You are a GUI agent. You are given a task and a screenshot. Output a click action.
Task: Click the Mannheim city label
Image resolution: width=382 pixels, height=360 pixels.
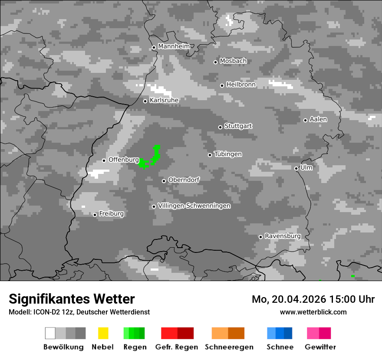174,46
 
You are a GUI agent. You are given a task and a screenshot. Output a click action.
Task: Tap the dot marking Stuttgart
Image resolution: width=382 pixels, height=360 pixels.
220,127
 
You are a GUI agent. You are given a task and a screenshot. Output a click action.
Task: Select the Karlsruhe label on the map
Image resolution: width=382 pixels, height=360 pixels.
164,100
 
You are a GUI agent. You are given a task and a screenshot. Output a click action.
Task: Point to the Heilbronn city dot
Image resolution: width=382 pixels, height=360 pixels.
222,85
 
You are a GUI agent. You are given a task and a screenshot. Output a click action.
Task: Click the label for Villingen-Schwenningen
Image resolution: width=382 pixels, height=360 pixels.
194,206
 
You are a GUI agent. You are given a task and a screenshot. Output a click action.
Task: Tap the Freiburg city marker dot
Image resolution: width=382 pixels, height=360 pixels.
95,215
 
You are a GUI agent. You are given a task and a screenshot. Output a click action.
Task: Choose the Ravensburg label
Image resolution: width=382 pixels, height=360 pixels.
283,236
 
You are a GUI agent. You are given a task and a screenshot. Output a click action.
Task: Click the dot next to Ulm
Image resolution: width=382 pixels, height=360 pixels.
296,168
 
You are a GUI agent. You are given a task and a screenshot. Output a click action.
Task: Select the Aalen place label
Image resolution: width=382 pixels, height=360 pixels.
318,119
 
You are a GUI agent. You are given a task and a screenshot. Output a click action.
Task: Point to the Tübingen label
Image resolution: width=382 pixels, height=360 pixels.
228,154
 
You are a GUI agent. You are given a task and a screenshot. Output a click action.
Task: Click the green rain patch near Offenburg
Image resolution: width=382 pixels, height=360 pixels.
150,159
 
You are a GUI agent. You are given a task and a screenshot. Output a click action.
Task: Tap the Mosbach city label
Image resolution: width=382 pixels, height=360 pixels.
233,61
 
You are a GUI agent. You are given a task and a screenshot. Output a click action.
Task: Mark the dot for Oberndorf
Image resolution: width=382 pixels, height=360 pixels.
164,181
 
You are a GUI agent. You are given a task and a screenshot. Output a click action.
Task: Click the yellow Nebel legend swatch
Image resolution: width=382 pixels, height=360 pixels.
103,333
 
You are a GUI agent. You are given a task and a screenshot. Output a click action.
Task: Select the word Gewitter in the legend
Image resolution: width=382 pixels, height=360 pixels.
320,347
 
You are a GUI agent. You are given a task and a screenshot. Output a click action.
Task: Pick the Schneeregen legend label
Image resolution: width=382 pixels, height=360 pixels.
229,347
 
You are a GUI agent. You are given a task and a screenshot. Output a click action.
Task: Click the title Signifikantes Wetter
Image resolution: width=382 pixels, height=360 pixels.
72,299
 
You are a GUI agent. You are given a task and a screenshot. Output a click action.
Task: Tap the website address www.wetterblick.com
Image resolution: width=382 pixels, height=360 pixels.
313,312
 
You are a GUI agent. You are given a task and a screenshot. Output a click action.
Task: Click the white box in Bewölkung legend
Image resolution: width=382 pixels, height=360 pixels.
50,333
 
